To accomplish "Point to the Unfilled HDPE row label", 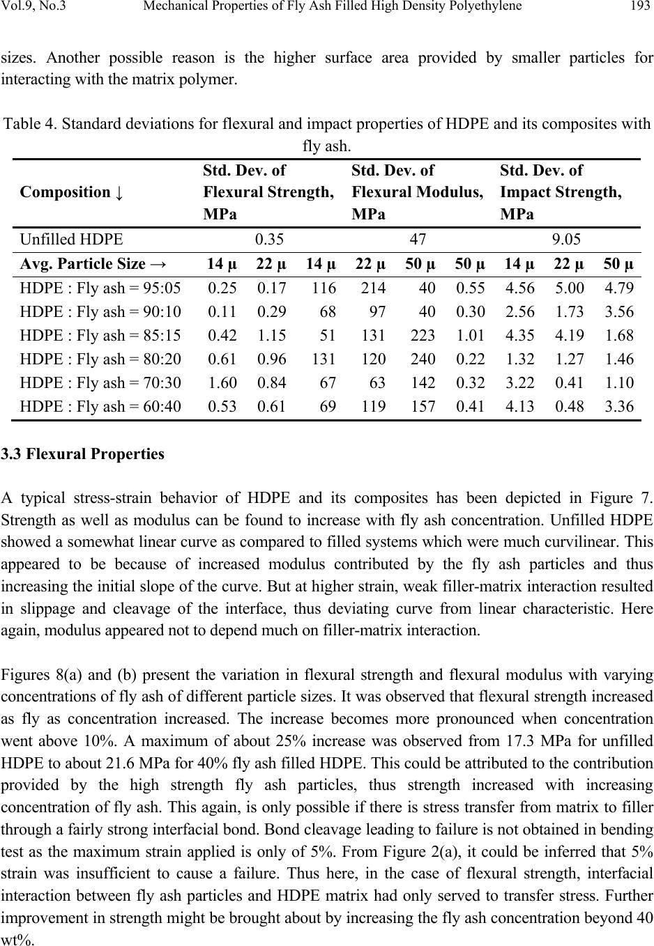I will point(72,240).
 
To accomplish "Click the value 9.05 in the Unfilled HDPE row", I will point(566,240).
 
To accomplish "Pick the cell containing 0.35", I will point(269,240).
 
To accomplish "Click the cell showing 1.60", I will point(222,382).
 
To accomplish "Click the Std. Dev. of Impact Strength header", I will point(560,192).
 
